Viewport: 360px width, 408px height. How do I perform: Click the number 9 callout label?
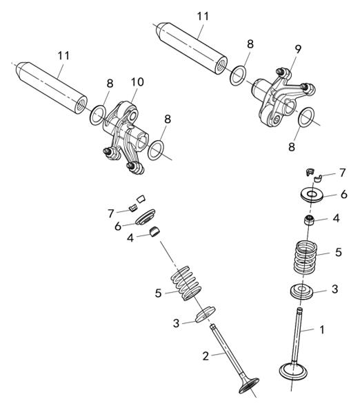pos(298,49)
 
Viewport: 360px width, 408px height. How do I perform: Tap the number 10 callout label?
pos(137,82)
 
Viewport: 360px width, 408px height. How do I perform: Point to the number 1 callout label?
pos(322,330)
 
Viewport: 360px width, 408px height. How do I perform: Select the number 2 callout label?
pos(206,356)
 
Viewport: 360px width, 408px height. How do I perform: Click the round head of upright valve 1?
pos(293,371)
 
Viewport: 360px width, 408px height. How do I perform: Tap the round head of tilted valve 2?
pos(249,386)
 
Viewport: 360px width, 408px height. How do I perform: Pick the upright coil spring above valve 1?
pos(306,258)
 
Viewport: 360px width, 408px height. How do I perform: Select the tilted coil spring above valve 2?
pos(186,283)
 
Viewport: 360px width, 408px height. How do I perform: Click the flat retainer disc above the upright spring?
pos(312,195)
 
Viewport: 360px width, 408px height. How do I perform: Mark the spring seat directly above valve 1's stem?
pos(301,292)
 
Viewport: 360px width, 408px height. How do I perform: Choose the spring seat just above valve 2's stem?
pos(206,315)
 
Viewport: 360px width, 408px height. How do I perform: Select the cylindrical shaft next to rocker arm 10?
pos(52,88)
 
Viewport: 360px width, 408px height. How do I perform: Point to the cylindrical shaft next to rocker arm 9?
pos(191,48)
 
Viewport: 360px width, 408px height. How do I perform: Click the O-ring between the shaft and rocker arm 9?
pos(238,75)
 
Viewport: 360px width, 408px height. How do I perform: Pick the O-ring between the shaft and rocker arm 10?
pos(98,115)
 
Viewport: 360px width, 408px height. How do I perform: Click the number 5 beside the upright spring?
pos(339,252)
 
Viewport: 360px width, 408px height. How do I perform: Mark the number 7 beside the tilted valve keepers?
pos(111,213)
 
